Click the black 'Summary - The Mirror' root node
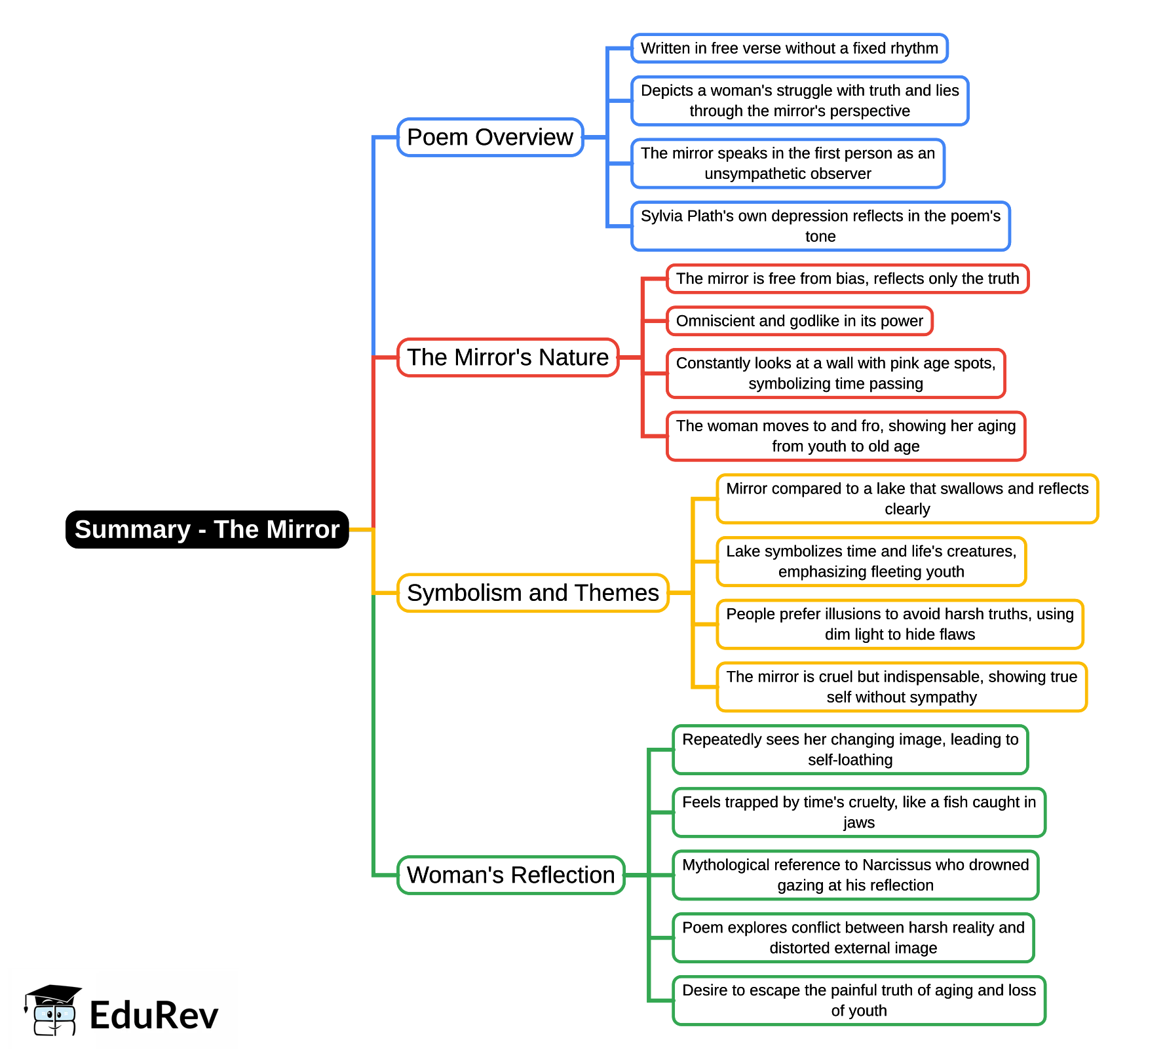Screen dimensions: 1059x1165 pyautogui.click(x=207, y=529)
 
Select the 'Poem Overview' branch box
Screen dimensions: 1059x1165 pyautogui.click(x=490, y=138)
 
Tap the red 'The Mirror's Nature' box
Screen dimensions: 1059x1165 pyautogui.click(x=508, y=358)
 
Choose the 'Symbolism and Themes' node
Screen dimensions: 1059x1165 pyautogui.click(x=533, y=593)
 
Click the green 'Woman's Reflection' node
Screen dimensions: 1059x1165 pyautogui.click(x=511, y=876)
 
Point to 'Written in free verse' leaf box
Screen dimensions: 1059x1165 pyautogui.click(x=789, y=48)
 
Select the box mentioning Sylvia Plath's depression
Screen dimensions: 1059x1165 pyautogui.click(x=820, y=226)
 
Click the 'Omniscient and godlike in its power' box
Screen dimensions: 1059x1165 pyautogui.click(x=799, y=321)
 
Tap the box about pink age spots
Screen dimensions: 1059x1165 pyautogui.click(x=835, y=374)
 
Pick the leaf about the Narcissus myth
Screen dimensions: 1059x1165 pyautogui.click(x=855, y=876)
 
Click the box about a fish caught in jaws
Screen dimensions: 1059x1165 pyautogui.click(x=858, y=813)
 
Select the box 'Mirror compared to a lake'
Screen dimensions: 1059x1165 pyautogui.click(x=907, y=499)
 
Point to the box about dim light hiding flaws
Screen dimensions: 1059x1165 pyautogui.click(x=900, y=625)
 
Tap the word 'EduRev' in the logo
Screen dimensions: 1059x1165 pyautogui.click(x=154, y=1016)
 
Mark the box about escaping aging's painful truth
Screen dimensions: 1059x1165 pyautogui.click(x=858, y=1001)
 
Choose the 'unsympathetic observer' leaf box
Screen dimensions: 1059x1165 pyautogui.click(x=788, y=164)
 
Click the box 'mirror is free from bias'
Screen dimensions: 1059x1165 pyautogui.click(x=847, y=279)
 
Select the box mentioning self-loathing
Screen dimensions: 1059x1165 pyautogui.click(x=850, y=750)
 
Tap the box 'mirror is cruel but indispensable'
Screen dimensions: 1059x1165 pyautogui.click(x=902, y=687)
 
